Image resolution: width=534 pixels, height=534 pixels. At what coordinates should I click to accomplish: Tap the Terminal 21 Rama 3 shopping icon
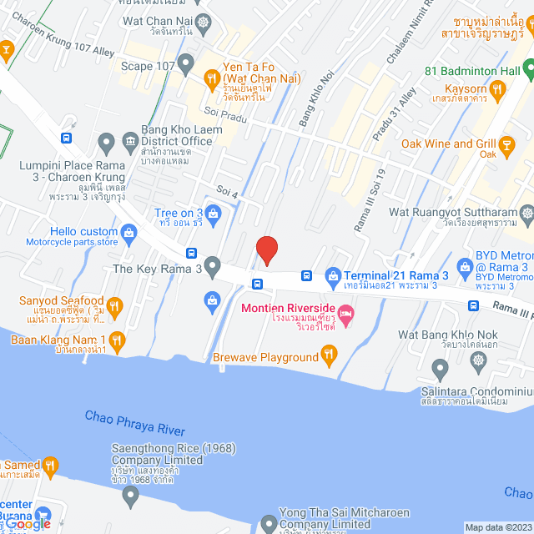pos(332,275)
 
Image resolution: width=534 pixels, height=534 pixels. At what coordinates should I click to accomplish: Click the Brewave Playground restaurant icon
pos(330,357)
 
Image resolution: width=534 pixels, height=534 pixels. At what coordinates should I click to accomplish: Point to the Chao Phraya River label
pos(134,423)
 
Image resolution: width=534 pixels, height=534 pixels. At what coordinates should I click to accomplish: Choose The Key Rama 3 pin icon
pos(212,268)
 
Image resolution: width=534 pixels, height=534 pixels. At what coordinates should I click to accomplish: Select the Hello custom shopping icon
pos(128,231)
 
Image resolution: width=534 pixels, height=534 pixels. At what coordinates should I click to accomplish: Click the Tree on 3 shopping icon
pos(214,214)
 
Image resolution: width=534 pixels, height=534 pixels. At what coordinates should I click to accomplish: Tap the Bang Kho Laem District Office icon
pos(129,140)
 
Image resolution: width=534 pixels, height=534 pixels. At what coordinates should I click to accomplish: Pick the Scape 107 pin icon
pos(185,62)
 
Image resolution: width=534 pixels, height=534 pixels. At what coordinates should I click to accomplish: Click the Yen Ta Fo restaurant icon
pos(211,77)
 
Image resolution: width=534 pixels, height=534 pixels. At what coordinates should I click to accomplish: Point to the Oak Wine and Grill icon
pos(507,144)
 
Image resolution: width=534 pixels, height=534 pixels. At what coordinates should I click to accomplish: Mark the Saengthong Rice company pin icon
pos(129,496)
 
